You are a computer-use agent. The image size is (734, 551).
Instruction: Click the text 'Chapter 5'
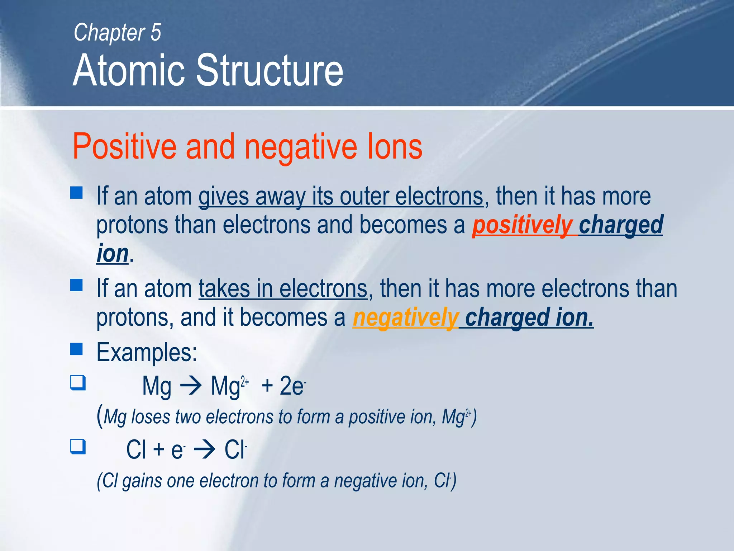(x=117, y=33)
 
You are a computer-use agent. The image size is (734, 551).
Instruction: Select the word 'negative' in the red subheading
(x=301, y=147)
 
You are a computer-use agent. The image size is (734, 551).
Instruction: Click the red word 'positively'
(x=522, y=225)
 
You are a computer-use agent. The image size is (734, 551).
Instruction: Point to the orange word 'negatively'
(x=405, y=318)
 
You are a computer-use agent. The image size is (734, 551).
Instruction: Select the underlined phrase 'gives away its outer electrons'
(x=341, y=197)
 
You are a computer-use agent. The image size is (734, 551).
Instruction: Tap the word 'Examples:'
(x=147, y=352)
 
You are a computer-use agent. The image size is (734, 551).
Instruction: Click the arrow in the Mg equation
(x=191, y=387)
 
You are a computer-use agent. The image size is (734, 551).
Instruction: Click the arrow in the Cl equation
(x=204, y=449)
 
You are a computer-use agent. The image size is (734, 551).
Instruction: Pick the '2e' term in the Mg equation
(x=292, y=386)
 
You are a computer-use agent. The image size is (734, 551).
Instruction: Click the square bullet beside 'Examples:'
(x=76, y=349)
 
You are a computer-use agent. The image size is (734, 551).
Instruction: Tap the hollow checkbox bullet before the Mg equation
(x=78, y=382)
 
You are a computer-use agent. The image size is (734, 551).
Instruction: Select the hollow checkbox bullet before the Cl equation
(x=78, y=447)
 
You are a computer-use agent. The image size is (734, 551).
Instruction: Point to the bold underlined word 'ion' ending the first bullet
(x=113, y=254)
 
